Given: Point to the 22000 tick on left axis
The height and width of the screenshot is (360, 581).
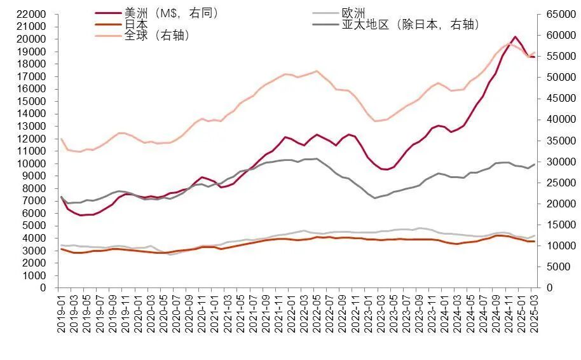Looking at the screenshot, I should point(32,14).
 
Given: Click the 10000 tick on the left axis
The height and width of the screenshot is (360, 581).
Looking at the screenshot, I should point(32,163).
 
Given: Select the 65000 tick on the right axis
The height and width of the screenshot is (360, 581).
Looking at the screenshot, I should point(556,14).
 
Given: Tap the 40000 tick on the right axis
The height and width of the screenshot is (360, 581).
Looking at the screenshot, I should point(556,120).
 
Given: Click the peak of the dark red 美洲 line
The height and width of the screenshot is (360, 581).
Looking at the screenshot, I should point(514,37).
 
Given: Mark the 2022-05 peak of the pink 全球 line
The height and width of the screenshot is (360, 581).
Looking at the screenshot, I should point(317,71).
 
